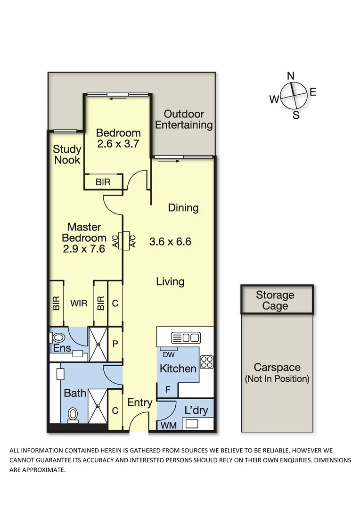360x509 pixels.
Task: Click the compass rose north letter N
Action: click(x=291, y=76)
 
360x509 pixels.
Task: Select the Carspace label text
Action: click(x=277, y=368)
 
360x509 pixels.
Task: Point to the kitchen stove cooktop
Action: click(x=207, y=362)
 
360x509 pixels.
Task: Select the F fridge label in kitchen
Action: click(x=167, y=390)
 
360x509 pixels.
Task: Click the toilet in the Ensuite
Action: click(x=58, y=338)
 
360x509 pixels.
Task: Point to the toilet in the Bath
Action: click(x=73, y=414)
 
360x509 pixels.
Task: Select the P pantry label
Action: click(x=115, y=344)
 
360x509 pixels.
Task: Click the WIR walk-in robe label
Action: click(x=79, y=304)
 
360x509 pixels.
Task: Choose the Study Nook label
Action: click(x=66, y=155)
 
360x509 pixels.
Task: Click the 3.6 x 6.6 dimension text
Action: click(x=170, y=242)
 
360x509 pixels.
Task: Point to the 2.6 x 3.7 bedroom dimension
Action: click(x=118, y=144)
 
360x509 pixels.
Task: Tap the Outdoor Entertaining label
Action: click(x=184, y=120)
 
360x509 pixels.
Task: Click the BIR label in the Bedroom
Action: click(x=103, y=182)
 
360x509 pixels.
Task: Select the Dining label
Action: click(x=183, y=208)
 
